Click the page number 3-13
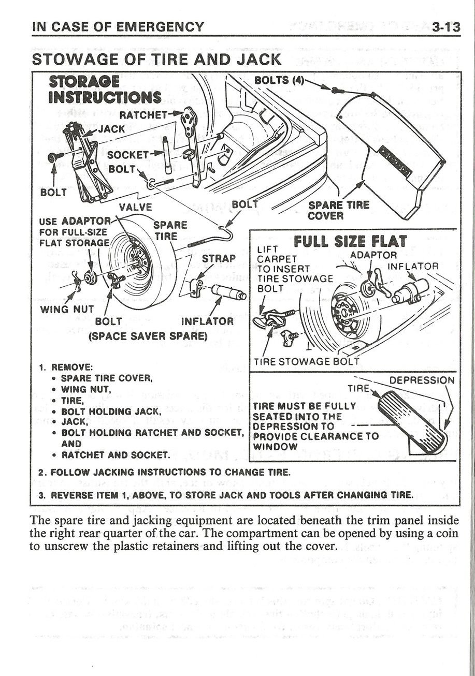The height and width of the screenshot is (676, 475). click(x=446, y=26)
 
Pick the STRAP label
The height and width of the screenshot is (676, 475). click(x=219, y=258)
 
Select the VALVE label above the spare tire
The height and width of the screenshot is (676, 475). click(x=136, y=207)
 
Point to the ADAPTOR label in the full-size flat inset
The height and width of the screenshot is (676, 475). click(x=373, y=255)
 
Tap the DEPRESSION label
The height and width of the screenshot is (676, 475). click(x=422, y=380)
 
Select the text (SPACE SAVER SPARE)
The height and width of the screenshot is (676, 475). click(x=148, y=335)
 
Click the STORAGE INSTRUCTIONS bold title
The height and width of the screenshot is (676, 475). click(x=104, y=89)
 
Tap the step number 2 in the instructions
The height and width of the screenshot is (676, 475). click(x=42, y=473)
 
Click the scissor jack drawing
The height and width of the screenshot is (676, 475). click(x=83, y=160)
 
